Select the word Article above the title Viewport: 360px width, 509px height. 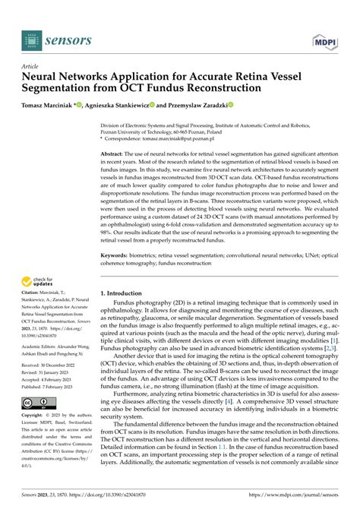31,66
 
